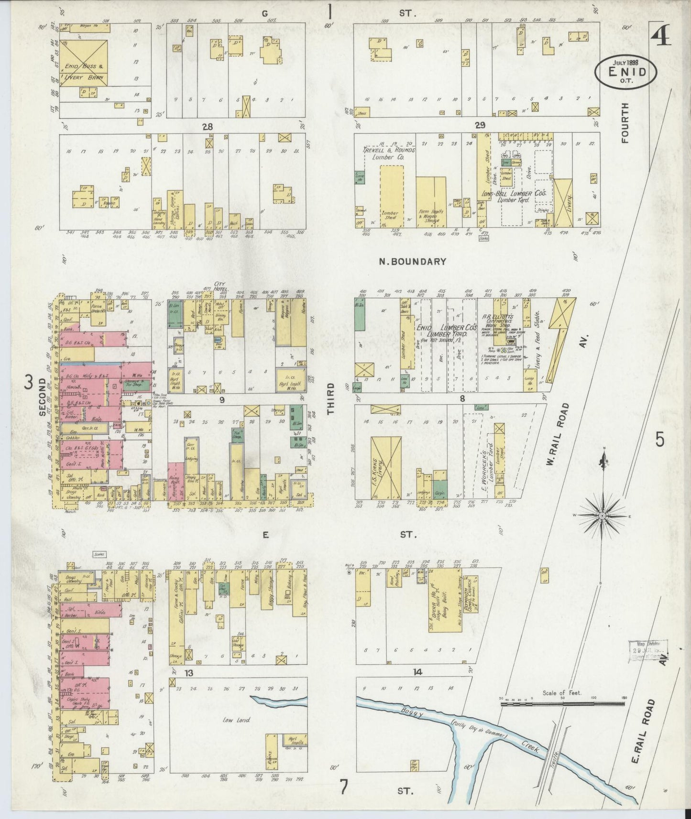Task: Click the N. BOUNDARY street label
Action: tap(412, 261)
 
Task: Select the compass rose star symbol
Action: tap(603, 516)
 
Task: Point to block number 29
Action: tap(480, 125)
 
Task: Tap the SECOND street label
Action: tap(43, 397)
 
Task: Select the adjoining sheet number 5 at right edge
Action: tap(660, 439)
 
